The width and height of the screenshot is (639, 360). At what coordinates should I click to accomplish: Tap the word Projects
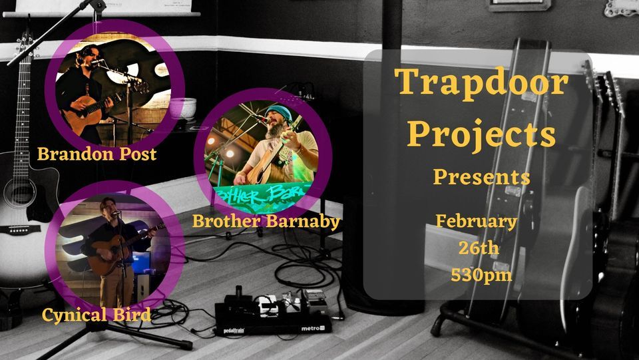(481, 134)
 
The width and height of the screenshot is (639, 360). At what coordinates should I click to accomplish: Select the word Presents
(481, 177)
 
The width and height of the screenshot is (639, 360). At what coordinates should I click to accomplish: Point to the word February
(477, 222)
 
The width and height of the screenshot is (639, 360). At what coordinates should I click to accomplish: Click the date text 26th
(479, 248)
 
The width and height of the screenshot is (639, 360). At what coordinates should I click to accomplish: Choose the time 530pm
(481, 275)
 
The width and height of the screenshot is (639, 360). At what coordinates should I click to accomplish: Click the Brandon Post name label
(97, 154)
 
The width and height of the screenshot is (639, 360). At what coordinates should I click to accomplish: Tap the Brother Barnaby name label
(266, 222)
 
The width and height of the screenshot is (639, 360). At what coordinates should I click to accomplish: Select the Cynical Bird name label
(97, 315)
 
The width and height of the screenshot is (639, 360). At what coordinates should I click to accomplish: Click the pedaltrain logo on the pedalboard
(234, 330)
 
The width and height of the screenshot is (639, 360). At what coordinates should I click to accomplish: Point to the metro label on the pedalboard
(312, 328)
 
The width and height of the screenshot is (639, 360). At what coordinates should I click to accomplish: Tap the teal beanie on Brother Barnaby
(278, 112)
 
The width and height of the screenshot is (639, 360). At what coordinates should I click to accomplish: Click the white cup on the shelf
(182, 108)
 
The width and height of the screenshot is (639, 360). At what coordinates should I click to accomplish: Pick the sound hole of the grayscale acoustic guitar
(19, 192)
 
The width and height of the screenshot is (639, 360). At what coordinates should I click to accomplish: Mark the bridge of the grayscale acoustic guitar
(19, 230)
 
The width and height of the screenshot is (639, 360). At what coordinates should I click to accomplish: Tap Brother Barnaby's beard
(276, 130)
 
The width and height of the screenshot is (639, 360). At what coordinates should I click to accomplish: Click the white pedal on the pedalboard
(268, 306)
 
